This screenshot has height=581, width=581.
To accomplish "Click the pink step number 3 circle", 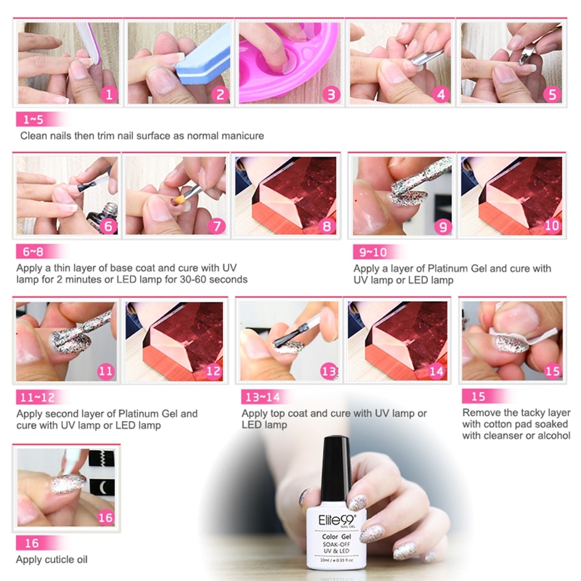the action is click(331, 94).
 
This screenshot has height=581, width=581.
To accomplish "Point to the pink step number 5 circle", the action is click(552, 94).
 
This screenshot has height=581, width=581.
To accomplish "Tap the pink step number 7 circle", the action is click(217, 226).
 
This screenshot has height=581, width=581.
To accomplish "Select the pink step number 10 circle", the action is click(552, 226).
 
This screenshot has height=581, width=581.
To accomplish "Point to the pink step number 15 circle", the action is click(552, 371).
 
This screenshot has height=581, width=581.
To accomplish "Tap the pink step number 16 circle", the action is click(105, 517).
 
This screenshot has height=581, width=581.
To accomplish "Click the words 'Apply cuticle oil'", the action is click(51, 560).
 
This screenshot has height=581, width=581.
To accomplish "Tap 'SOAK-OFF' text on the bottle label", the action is click(336, 544).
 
